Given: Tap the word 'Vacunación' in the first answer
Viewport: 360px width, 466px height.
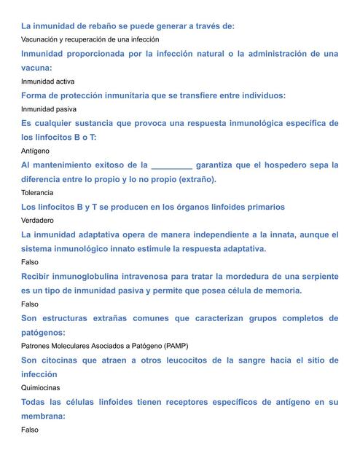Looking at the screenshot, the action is (x=42, y=39).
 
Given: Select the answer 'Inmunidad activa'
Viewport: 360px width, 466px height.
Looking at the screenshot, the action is (x=48, y=82).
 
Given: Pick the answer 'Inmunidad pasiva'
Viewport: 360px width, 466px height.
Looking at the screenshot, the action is (x=49, y=109).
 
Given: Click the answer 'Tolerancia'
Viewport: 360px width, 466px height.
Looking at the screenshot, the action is (x=37, y=193).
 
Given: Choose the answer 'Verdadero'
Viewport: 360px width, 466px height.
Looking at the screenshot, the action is (x=38, y=221).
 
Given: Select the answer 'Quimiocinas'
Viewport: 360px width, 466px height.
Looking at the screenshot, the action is (x=41, y=387).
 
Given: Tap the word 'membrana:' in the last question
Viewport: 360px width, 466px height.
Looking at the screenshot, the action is (x=44, y=416).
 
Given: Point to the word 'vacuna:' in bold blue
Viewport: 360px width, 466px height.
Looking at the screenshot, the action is (x=40, y=68).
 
